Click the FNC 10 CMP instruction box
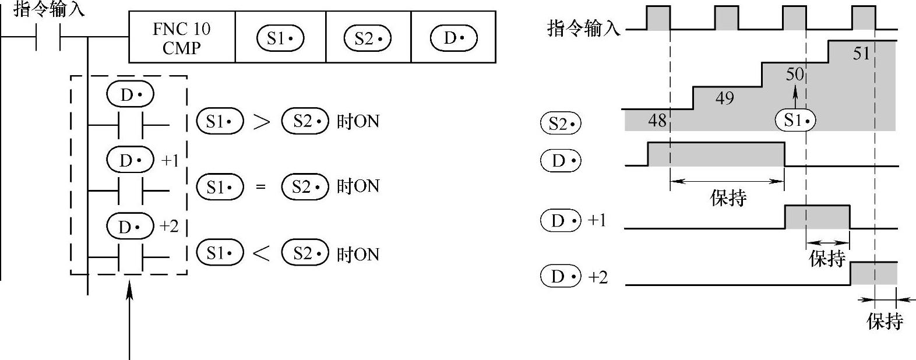click(x=182, y=38)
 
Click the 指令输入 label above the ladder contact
click(x=49, y=9)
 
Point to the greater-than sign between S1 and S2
click(x=262, y=122)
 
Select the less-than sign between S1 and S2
click(x=262, y=253)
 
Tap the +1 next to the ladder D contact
click(x=170, y=161)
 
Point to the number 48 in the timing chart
click(x=657, y=121)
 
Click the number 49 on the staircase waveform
click(x=724, y=98)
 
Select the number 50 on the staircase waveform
click(x=795, y=75)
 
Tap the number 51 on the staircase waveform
click(x=861, y=54)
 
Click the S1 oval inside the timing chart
click(x=795, y=121)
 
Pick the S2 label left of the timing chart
click(x=561, y=123)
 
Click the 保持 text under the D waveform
click(x=728, y=197)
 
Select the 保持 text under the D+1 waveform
click(x=827, y=258)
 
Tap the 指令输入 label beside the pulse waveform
click(x=584, y=27)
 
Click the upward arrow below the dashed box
click(x=129, y=317)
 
